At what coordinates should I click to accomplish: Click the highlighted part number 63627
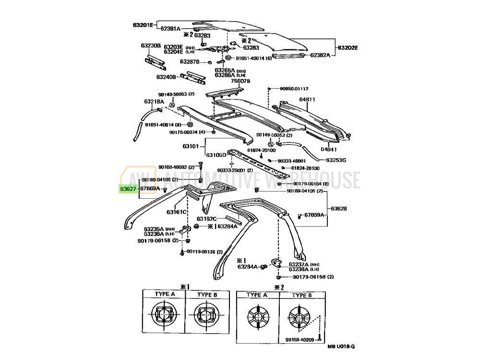pos(127,189)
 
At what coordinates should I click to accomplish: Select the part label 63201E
pos(143,24)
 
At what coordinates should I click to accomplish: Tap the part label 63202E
pos(348,48)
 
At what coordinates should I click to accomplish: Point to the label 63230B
pos(150,46)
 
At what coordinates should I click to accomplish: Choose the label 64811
pos(307,99)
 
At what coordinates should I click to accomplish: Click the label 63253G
pos(336,160)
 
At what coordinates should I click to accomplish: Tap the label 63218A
pos(154,102)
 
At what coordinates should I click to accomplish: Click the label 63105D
pos(216,155)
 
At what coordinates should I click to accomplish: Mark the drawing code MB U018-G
pos(341,347)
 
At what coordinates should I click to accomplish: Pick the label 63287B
pos(190,61)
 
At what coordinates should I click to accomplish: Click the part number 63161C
pos(177,212)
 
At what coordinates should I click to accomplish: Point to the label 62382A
pos(320,55)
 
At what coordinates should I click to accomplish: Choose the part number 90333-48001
pos(293,161)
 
